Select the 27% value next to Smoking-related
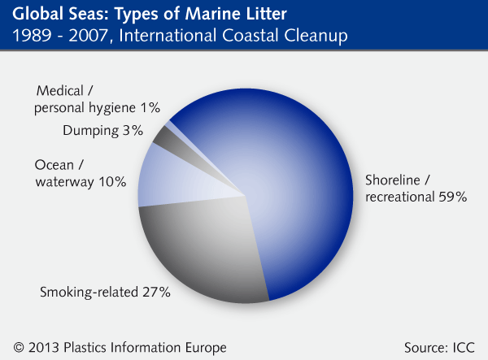point(156,292)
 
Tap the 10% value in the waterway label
point(111,182)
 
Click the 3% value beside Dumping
point(133,130)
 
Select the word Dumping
point(92,130)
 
